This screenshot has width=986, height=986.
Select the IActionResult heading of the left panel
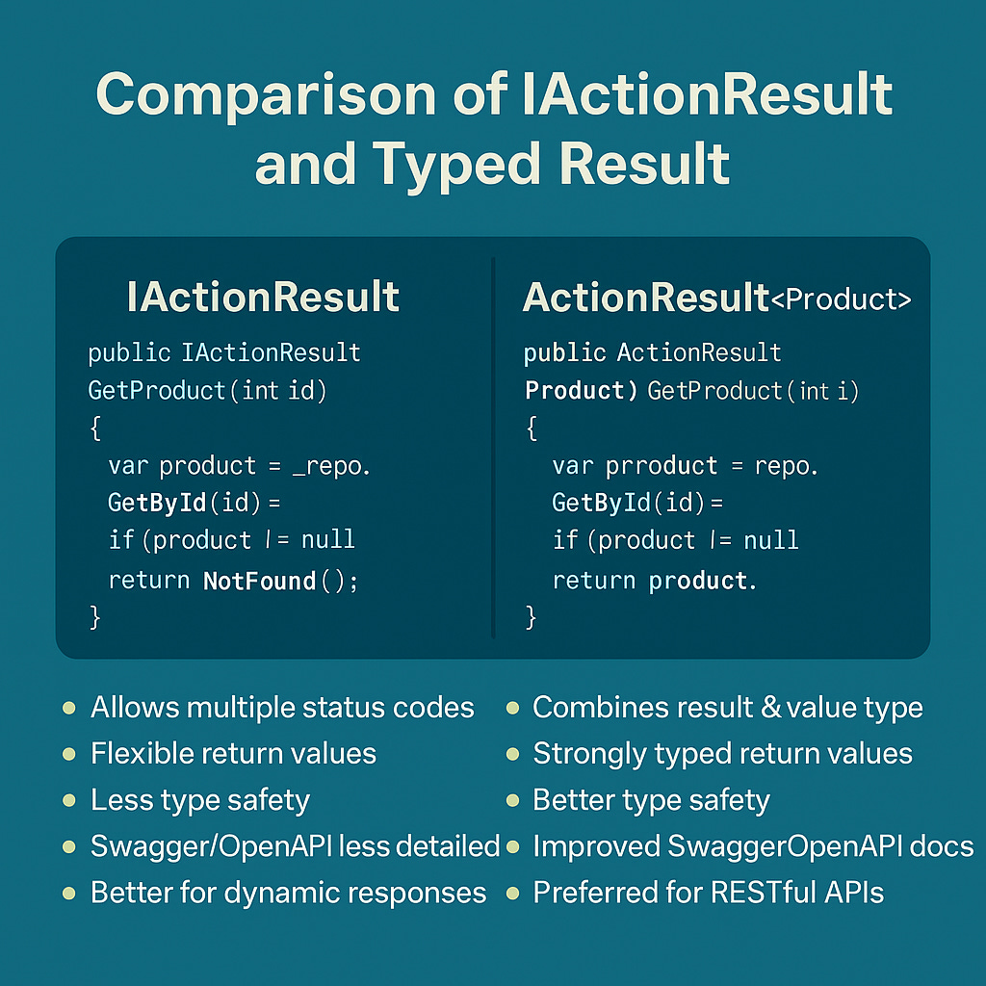263,298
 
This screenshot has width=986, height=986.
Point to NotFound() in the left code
280,581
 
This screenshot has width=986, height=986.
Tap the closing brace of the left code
94,617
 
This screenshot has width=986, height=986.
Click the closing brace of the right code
532,617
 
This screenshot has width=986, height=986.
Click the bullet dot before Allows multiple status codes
68,709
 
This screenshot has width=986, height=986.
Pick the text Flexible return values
233,753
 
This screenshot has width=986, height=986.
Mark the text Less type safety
200,799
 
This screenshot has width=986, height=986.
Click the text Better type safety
651,799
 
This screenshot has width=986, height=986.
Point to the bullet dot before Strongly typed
512,754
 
